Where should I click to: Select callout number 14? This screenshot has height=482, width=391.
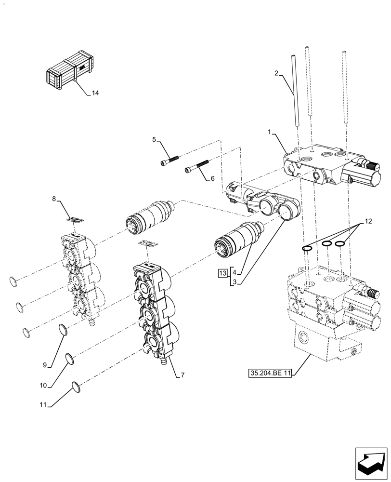pos(95,93)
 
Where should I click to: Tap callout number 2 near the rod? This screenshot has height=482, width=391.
pos(276,73)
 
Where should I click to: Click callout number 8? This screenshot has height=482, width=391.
pos(54,198)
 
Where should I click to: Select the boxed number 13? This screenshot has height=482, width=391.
pos(222,273)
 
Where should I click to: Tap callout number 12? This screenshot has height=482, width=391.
pos(368,221)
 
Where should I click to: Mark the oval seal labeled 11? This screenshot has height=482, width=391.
pos(75,386)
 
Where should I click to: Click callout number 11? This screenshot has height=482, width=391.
pos(42,405)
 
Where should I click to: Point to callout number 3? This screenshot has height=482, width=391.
pos(234,282)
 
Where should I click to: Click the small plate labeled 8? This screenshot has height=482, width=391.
pos(75,219)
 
